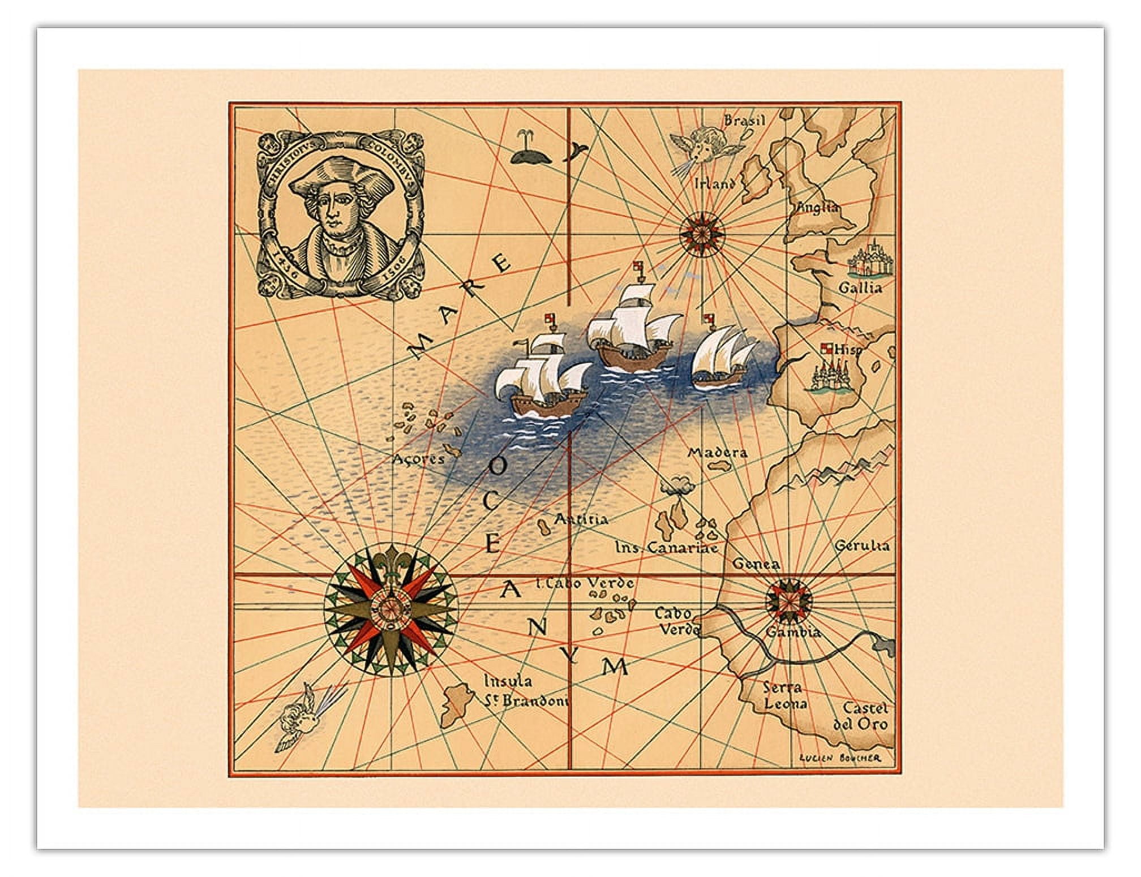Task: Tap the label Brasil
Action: pyautogui.click(x=745, y=121)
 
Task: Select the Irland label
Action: pyautogui.click(x=715, y=183)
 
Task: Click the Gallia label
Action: pyautogui.click(x=860, y=287)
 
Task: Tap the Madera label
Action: pyautogui.click(x=717, y=453)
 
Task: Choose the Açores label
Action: pyautogui.click(x=419, y=459)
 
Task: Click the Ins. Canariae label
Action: pyautogui.click(x=667, y=548)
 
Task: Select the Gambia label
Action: pyautogui.click(x=793, y=632)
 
